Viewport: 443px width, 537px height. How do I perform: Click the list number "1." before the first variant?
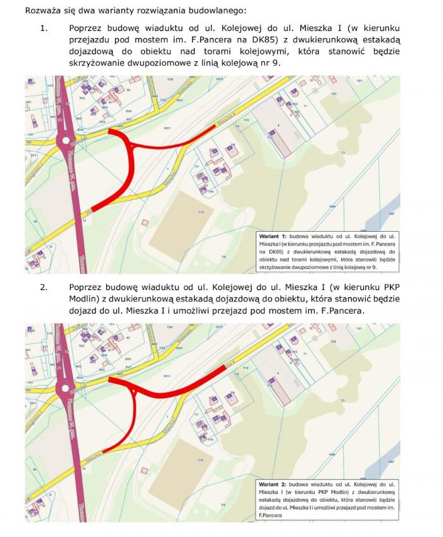44,28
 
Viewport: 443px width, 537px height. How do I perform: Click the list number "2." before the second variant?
44,287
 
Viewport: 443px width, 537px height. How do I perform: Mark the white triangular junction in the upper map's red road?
132,146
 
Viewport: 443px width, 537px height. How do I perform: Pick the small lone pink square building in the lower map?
146,469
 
